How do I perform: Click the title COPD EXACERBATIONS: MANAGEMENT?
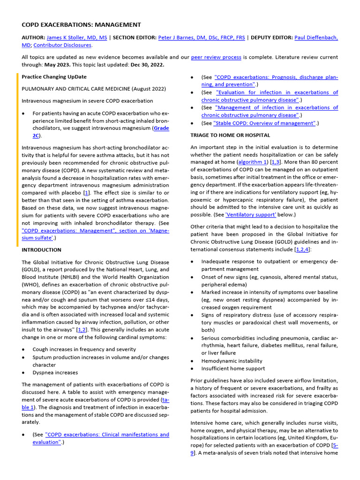pyautogui.click(x=81, y=25)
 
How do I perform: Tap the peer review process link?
pyautogui.click(x=216, y=57)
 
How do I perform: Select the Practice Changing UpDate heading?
pyautogui.click(x=54, y=77)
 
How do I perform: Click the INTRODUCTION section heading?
pyautogui.click(x=41, y=250)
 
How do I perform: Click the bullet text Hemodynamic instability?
pyautogui.click(x=232, y=361)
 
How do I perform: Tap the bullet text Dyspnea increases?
pyautogui.click(x=55, y=373)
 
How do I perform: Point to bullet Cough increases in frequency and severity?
pyautogui.click(x=84, y=349)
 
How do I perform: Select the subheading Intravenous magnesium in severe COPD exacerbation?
pyautogui.click(x=88, y=101)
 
